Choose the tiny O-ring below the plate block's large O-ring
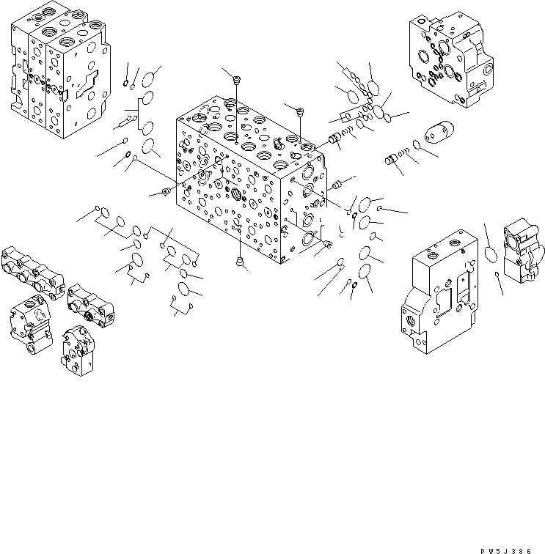click(x=499, y=275)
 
